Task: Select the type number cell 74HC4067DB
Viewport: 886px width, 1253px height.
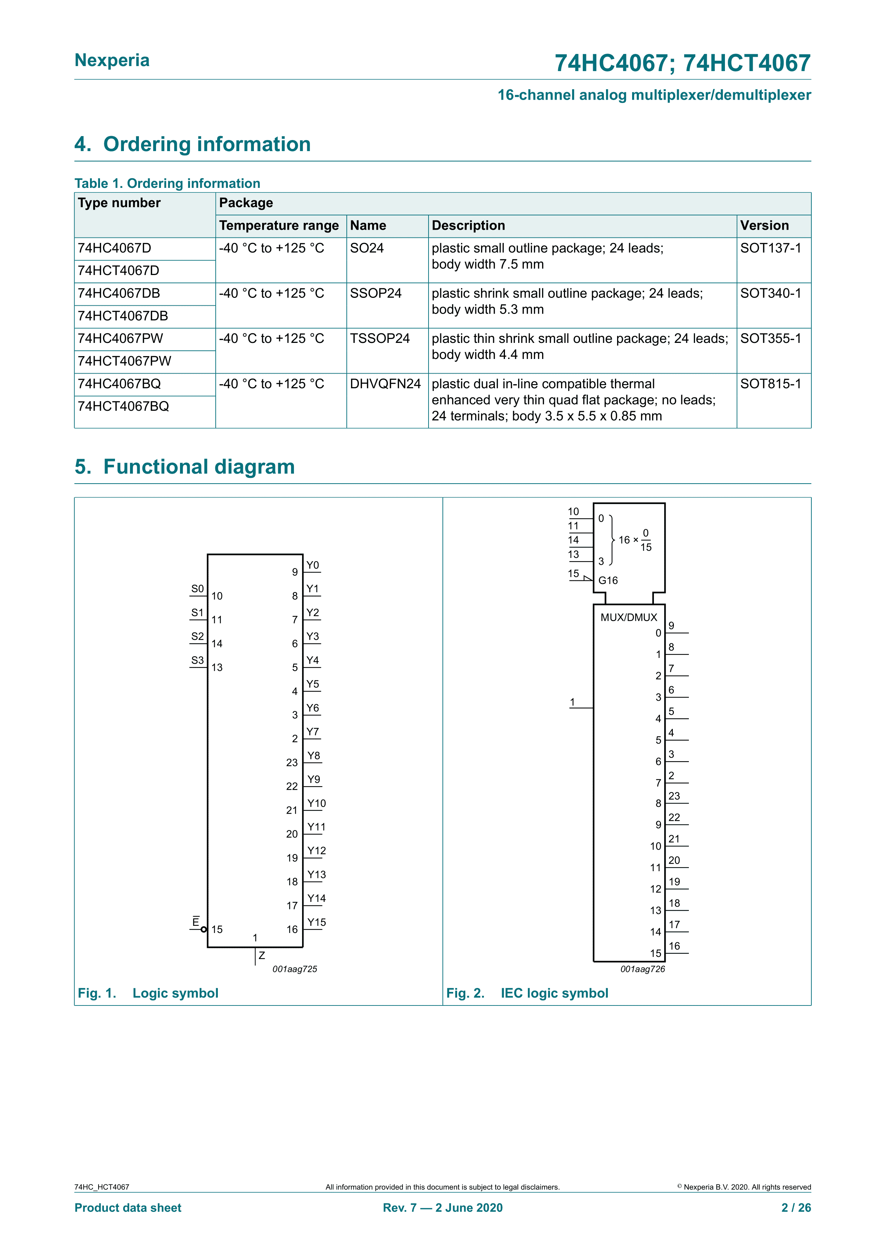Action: point(119,294)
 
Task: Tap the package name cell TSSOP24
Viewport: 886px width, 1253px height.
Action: point(380,339)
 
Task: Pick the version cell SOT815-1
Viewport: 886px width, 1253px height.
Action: point(770,384)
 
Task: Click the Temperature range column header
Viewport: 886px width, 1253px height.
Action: point(279,226)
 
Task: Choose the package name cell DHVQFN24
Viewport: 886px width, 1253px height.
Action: point(385,384)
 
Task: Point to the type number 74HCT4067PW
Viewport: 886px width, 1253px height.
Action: point(124,361)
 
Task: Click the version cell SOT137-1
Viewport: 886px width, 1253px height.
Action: point(770,248)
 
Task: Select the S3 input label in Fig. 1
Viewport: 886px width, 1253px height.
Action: point(197,660)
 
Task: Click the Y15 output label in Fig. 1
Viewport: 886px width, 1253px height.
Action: point(316,922)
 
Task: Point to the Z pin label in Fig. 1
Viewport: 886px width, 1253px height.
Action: point(262,955)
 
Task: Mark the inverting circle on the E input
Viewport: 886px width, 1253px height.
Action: point(204,929)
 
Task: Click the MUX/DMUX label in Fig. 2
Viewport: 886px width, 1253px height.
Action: point(629,617)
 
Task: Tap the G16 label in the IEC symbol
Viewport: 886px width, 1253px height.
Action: point(608,581)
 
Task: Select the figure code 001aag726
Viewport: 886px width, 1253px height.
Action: point(642,969)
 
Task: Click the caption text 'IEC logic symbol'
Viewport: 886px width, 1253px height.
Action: point(554,993)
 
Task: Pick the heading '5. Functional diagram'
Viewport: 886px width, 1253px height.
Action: point(185,467)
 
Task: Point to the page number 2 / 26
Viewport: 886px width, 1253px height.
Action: point(796,1208)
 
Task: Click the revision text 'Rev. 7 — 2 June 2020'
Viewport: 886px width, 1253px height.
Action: point(442,1208)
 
